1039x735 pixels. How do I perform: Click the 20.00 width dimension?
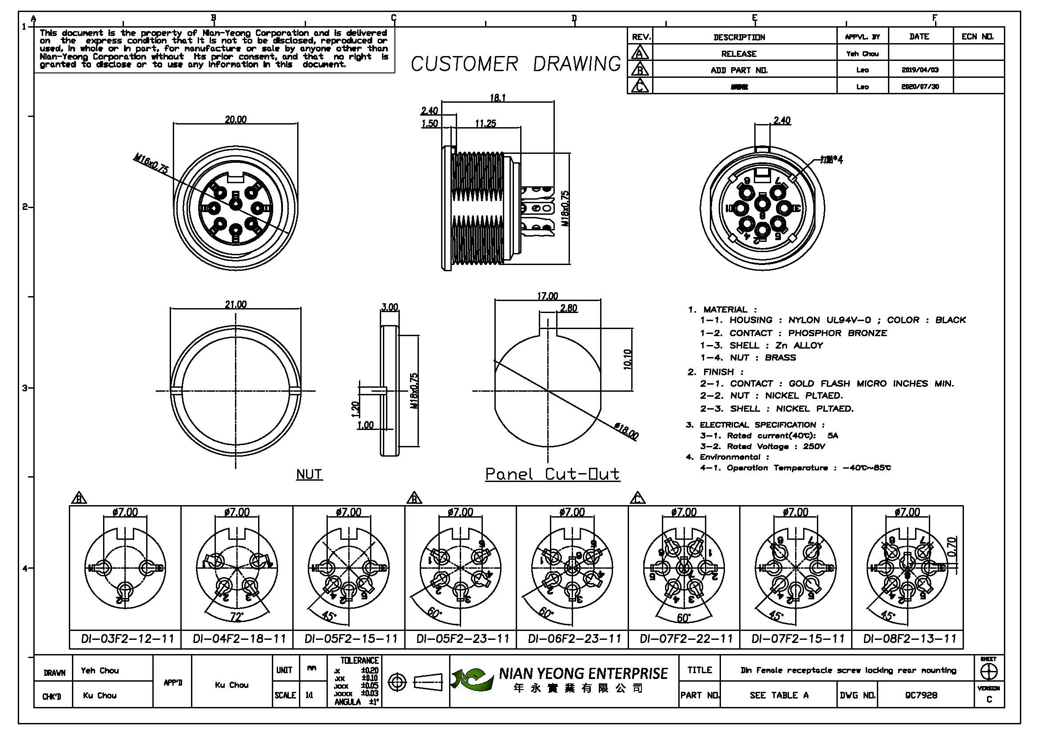(x=236, y=119)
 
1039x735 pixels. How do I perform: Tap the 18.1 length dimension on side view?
(x=498, y=97)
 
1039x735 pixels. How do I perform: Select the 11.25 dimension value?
(x=485, y=124)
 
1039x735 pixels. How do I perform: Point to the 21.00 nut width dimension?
(x=236, y=304)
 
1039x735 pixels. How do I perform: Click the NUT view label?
(x=310, y=474)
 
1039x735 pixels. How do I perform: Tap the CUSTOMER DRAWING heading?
(x=515, y=64)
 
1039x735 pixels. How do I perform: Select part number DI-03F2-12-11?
(x=127, y=639)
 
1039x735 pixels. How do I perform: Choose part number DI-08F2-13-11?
(x=910, y=639)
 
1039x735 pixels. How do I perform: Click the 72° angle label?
(x=236, y=616)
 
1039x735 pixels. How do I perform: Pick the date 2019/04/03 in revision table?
(x=920, y=70)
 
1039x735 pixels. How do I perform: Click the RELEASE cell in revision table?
(x=739, y=54)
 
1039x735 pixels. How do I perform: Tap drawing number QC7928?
(x=921, y=695)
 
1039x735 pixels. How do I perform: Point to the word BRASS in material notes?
(x=780, y=357)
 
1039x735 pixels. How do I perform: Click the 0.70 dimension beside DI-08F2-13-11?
(x=951, y=547)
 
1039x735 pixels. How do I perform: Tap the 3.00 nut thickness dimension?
(x=390, y=307)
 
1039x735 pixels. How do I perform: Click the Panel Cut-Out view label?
(x=552, y=474)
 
